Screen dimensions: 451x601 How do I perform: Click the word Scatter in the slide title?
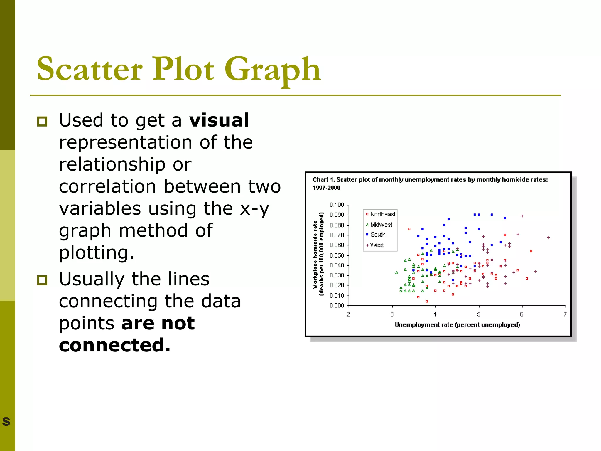90,69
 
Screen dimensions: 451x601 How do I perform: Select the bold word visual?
219,120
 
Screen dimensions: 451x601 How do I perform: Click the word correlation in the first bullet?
107,187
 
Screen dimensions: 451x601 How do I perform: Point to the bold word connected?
114,345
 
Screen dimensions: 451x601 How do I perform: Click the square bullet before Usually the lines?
42,280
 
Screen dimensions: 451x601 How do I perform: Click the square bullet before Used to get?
42,121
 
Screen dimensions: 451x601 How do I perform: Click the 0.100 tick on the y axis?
337,205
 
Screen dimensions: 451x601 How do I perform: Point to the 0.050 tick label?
337,255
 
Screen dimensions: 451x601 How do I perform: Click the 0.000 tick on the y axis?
337,305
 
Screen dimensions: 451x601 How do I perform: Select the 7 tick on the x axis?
565,314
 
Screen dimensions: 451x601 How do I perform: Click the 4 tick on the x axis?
435,314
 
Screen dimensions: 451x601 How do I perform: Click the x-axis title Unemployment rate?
457,325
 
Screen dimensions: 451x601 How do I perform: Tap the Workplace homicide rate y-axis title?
315,254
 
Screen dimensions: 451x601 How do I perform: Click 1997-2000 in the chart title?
326,188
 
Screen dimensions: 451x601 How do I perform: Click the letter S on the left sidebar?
6,421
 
